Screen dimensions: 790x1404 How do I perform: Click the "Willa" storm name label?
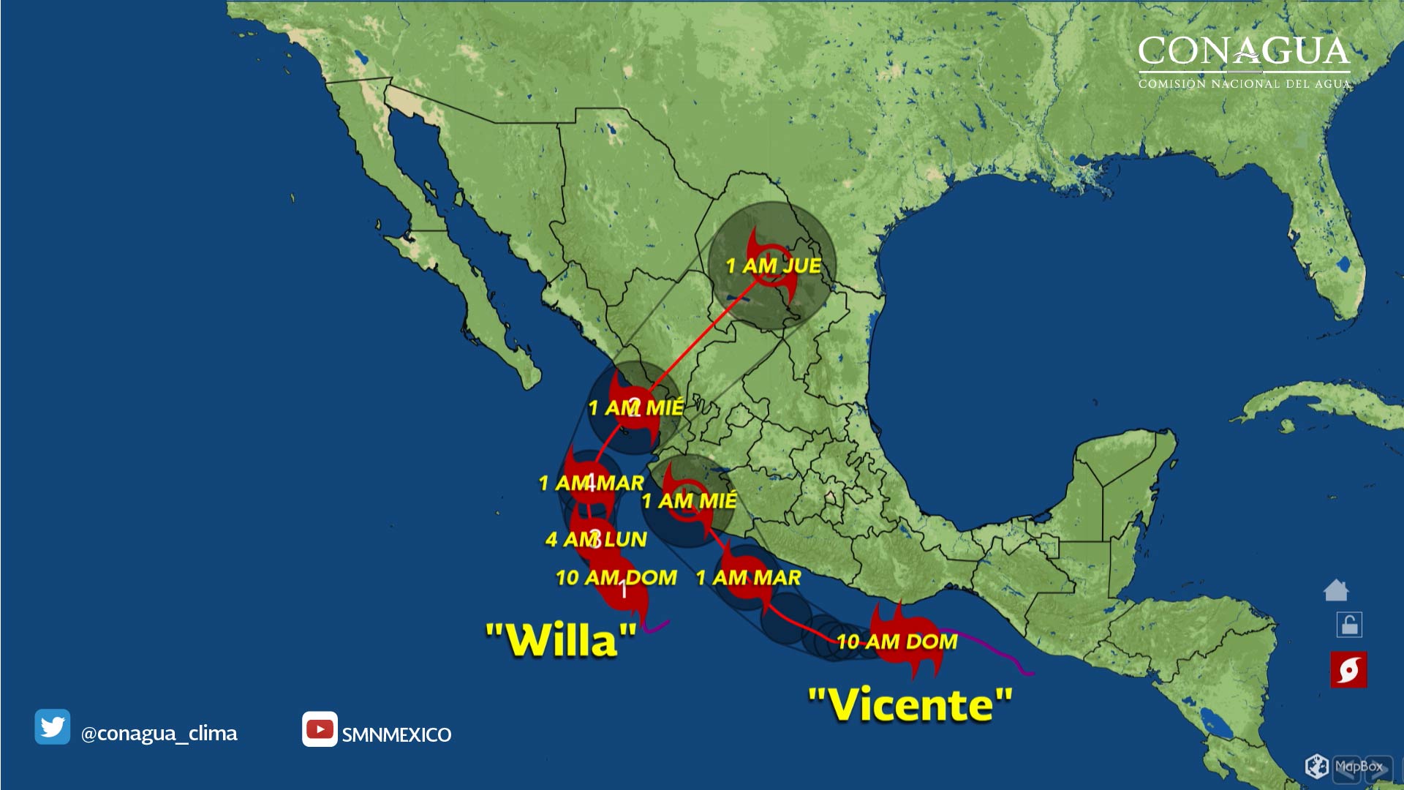[561, 641]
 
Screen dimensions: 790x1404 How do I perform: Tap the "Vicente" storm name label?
[910, 704]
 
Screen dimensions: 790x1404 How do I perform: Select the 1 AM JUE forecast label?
[773, 266]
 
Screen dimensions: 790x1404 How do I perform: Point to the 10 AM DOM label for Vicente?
[897, 642]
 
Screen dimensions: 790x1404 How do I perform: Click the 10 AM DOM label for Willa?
[616, 577]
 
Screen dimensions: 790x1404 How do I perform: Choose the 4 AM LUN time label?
[596, 539]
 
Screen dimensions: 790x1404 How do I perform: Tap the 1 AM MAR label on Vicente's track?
[748, 577]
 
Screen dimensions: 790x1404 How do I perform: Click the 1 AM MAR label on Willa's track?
[591, 483]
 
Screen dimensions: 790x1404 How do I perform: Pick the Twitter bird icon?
[53, 726]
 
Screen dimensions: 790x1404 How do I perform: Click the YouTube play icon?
[320, 729]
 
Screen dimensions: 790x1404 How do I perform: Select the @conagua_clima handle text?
[159, 733]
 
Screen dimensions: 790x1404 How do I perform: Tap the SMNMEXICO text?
[396, 734]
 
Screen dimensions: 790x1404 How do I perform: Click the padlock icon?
[1349, 625]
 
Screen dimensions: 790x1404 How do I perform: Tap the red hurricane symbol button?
[1348, 669]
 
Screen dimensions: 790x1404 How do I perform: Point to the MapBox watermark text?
[1359, 767]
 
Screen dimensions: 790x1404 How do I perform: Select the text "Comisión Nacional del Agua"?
[1244, 83]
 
